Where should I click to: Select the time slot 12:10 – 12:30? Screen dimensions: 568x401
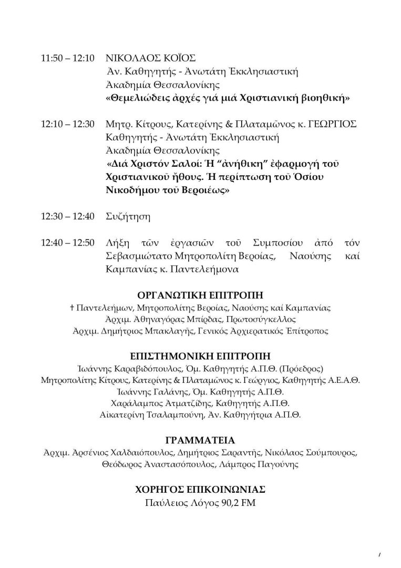tap(67, 124)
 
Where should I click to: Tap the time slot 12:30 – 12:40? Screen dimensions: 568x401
tap(67, 216)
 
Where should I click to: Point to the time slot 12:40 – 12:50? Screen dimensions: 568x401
tap(67, 243)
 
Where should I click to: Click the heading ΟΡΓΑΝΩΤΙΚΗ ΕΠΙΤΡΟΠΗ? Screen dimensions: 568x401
tap(200, 295)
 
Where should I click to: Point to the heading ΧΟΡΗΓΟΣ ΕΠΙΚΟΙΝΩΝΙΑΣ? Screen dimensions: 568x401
tap(200, 490)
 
